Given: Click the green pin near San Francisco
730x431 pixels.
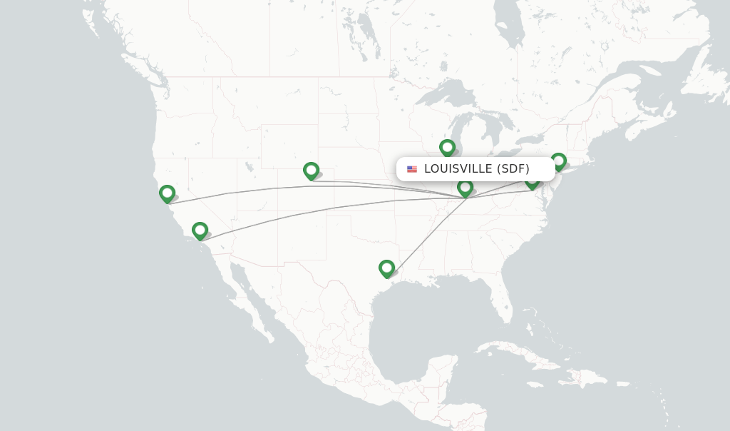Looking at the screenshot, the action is [167, 193].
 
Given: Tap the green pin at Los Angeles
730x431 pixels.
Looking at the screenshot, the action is [200, 230].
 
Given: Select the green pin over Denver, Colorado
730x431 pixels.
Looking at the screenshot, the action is [311, 171].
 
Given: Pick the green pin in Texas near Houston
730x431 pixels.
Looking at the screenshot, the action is [386, 268].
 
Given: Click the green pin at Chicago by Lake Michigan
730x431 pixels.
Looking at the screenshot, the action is [447, 148].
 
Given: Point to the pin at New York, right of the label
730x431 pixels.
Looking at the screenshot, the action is [558, 161].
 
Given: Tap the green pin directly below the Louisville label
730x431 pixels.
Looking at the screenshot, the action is [465, 188].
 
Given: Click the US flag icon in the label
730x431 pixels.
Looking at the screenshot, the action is [412, 169].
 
